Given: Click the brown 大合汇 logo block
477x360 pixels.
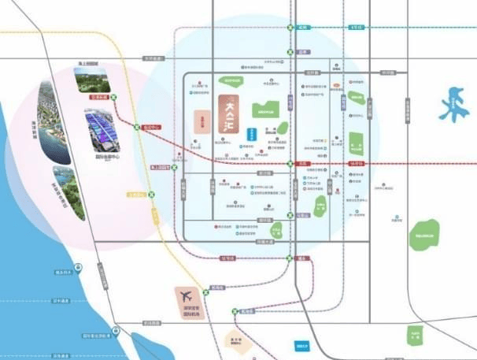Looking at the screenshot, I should (x=228, y=121).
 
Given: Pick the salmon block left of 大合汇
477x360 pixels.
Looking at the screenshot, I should (x=202, y=122).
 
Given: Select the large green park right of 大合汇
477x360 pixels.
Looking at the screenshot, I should (x=266, y=110).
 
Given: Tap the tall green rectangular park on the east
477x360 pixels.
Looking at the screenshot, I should (x=356, y=147).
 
